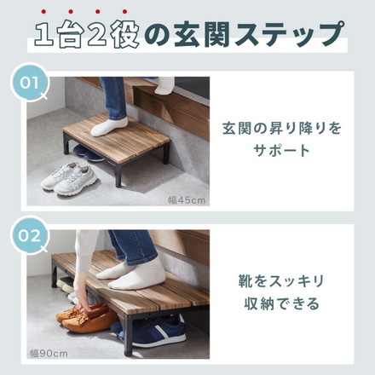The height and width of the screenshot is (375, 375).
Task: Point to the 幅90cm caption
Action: click(x=49, y=351)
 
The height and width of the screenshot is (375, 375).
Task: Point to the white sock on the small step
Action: click(x=111, y=127)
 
